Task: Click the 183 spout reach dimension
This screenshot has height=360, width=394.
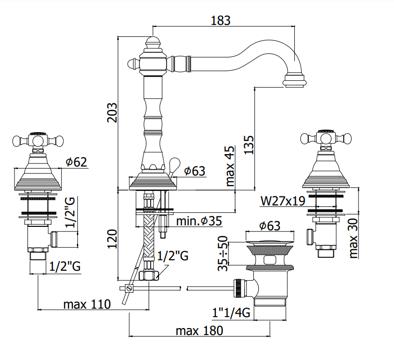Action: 220,20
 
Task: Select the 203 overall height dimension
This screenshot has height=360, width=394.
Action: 112,113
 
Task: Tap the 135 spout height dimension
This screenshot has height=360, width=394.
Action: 249,145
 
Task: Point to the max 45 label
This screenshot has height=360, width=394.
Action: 230,166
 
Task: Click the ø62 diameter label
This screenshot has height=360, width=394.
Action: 76,162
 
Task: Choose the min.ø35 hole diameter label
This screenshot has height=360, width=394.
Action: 199,221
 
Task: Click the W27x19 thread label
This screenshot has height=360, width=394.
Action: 283,201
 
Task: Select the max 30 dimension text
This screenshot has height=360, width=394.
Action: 353,238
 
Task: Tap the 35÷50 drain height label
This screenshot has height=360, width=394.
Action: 222,253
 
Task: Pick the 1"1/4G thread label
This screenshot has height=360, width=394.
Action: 231,313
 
